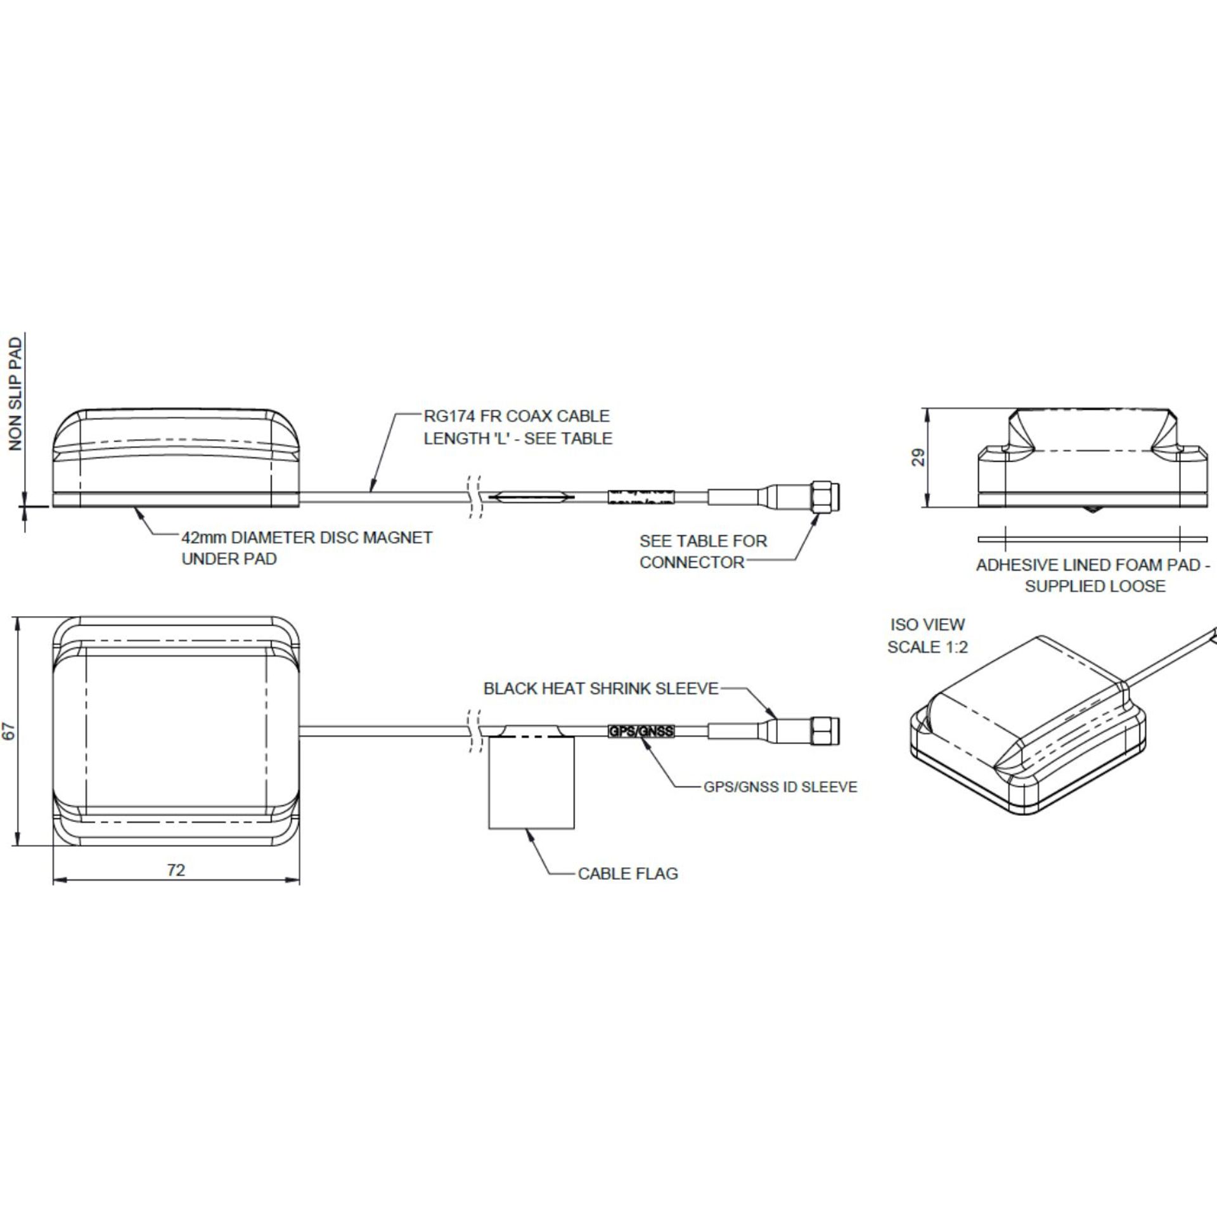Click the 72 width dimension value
[176, 870]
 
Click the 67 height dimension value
[9, 732]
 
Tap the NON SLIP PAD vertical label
[16, 394]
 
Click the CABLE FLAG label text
[628, 873]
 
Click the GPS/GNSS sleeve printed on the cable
[641, 731]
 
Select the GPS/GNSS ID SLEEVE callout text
[780, 787]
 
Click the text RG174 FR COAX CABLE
[517, 416]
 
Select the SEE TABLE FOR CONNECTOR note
[702, 551]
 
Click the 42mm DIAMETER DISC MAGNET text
[307, 538]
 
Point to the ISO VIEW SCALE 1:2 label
[927, 636]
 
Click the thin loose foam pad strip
[1093, 539]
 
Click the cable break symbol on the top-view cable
[474, 731]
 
